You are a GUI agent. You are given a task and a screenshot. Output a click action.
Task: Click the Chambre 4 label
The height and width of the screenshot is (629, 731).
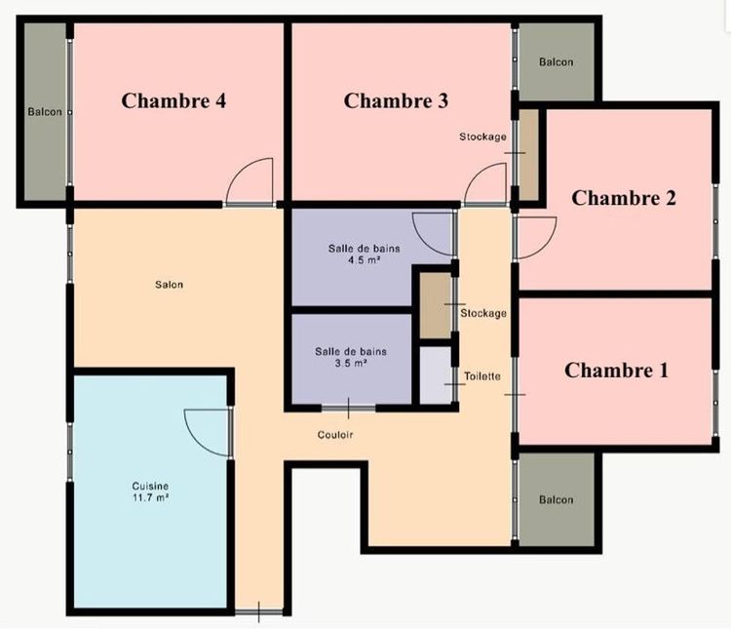click(x=174, y=99)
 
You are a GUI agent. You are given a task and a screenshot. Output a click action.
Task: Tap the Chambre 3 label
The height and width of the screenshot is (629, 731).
click(x=397, y=99)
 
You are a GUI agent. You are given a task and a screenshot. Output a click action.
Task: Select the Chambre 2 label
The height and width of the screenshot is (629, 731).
click(x=624, y=198)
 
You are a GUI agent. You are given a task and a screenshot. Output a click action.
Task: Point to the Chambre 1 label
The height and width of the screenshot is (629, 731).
click(x=617, y=371)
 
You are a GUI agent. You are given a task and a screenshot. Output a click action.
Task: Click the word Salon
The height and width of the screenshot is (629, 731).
click(x=169, y=285)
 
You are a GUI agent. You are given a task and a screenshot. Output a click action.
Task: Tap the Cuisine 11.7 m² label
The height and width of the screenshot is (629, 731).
click(x=151, y=491)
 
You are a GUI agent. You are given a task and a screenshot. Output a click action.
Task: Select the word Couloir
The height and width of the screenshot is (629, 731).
click(x=334, y=434)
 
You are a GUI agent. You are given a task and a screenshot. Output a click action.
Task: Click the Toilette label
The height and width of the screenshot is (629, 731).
click(x=482, y=375)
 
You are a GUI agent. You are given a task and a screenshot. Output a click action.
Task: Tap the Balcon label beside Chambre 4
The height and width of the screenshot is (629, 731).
click(x=44, y=112)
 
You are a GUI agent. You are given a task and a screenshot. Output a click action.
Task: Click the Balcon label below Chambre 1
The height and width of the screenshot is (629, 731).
click(x=557, y=500)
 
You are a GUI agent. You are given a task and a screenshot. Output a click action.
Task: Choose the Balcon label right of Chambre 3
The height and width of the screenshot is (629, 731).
click(x=557, y=62)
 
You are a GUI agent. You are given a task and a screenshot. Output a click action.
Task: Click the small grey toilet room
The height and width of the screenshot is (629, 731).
click(x=435, y=375)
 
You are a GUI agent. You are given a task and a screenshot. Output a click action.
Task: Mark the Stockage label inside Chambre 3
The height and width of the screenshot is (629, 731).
click(x=482, y=137)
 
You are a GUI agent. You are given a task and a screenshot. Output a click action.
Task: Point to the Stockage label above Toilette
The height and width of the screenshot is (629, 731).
click(x=483, y=313)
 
